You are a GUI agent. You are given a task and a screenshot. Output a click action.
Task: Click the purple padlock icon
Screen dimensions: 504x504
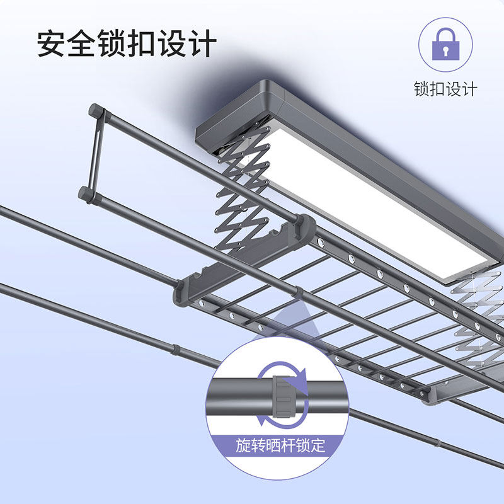(x=445, y=44)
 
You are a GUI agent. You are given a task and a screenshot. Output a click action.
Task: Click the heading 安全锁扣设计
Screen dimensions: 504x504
(x=127, y=43)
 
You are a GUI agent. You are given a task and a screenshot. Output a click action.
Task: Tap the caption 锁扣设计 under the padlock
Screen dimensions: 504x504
(x=445, y=89)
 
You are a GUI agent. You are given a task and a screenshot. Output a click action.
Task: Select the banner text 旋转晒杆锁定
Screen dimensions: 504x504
(x=280, y=445)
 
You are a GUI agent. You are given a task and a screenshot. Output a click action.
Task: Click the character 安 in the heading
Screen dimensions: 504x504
(x=51, y=43)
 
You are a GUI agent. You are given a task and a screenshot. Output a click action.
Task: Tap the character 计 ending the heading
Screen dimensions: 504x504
(x=202, y=43)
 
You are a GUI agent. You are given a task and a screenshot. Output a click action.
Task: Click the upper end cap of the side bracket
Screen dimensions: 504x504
(x=96, y=112)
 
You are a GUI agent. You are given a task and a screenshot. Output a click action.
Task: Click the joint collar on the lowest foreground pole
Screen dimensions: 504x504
(x=175, y=350)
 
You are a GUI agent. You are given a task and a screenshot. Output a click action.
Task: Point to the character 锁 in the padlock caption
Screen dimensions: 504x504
(x=421, y=89)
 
